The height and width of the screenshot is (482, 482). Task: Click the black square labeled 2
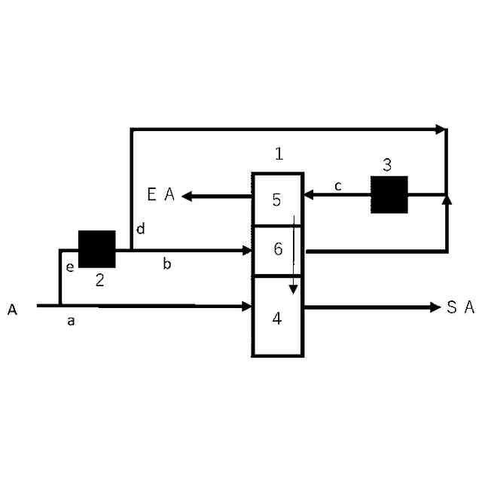97,249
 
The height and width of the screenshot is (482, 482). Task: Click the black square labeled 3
389,195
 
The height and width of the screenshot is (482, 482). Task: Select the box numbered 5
277,200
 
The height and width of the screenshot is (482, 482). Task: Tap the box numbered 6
277,249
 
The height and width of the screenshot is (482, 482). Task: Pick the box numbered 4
277,317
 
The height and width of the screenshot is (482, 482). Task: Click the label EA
160,196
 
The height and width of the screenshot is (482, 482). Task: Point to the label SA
460,307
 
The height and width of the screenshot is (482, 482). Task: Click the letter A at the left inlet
13,310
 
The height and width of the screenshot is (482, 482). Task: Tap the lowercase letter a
71,322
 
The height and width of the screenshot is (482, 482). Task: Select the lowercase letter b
167,264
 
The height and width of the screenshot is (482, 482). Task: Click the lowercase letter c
338,185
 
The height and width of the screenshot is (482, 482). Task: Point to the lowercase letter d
140,229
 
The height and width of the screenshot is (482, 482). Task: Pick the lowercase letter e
69,266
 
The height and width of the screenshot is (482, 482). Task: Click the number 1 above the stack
279,154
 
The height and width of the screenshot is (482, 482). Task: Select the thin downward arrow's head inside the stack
294,289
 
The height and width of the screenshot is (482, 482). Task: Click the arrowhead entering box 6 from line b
246,250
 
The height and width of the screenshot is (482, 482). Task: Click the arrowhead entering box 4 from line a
246,307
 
